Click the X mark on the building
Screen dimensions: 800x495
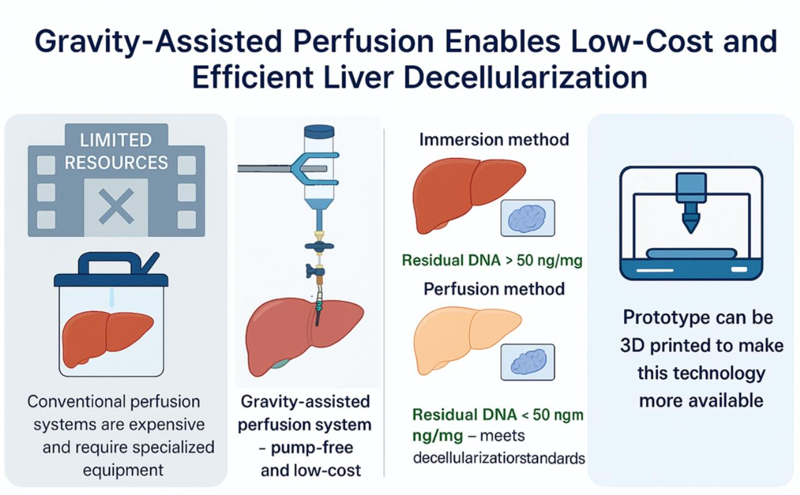click(x=116, y=207)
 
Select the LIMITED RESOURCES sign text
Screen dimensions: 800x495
click(x=116, y=151)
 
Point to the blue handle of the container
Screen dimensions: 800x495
click(x=110, y=262)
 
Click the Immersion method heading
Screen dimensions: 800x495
click(x=494, y=138)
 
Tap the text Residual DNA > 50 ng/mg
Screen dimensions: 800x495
click(x=492, y=260)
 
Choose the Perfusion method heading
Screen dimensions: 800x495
click(x=494, y=289)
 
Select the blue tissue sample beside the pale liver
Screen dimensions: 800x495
click(x=527, y=362)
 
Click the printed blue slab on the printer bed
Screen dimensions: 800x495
click(x=690, y=254)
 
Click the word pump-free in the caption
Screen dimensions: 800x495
click(x=313, y=447)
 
